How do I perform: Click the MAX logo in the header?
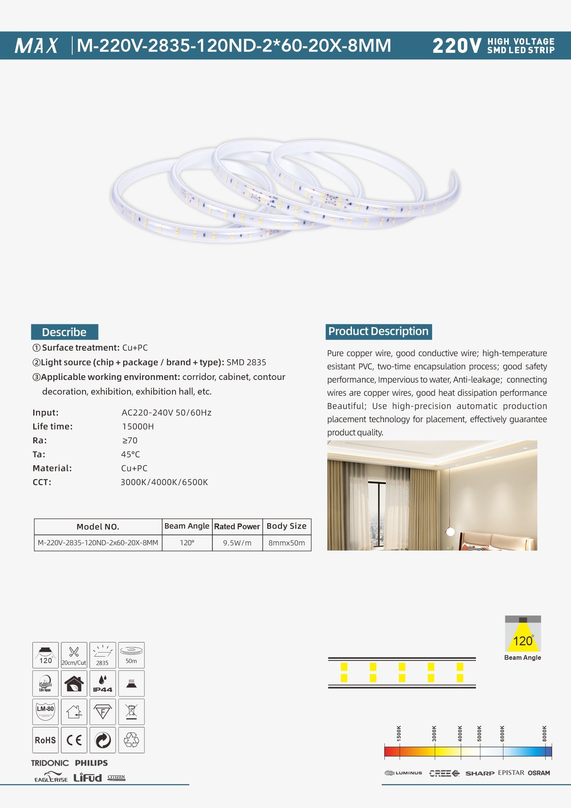(36, 45)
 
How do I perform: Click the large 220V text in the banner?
(457, 46)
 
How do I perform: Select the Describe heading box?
(65, 332)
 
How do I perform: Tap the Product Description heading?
(378, 331)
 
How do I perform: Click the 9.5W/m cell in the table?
(237, 543)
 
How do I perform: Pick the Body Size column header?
(286, 526)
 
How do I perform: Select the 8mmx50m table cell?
(286, 543)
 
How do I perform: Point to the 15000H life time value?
(138, 426)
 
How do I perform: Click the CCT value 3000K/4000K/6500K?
(164, 482)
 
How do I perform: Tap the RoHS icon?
(45, 740)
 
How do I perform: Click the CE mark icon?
(74, 740)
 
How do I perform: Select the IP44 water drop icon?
(102, 683)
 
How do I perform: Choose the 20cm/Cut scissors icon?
(74, 655)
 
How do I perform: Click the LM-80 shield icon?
(45, 711)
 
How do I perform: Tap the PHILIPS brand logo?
(91, 763)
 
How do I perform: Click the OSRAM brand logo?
(539, 773)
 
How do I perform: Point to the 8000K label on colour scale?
(544, 733)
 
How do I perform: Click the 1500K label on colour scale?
(399, 733)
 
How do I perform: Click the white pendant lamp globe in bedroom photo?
(451, 531)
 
